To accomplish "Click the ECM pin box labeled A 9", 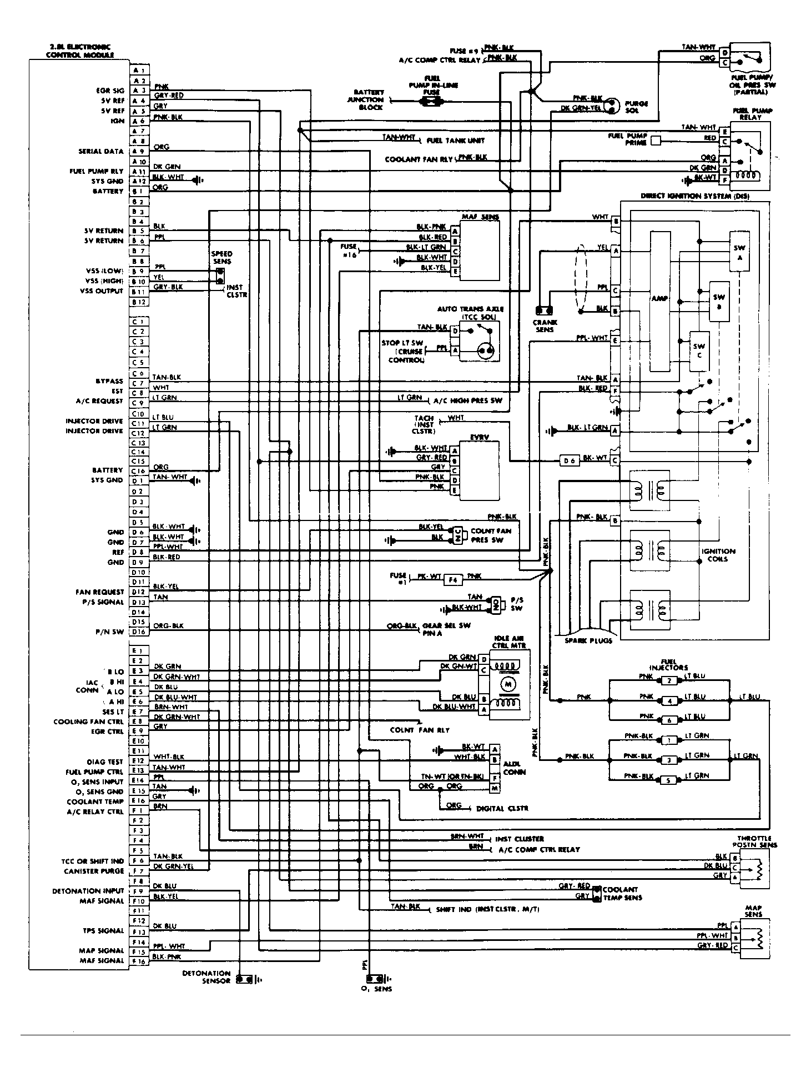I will [139, 152].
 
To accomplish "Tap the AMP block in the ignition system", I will [659, 299].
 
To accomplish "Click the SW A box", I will [739, 252].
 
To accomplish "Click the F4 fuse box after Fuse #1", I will [452, 580].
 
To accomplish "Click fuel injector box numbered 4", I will [670, 701].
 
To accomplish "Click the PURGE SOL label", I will [636, 107].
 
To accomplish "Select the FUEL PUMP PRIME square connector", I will [656, 141].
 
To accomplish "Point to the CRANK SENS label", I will [545, 326].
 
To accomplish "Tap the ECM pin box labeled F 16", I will [139, 961].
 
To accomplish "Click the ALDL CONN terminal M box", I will [495, 789].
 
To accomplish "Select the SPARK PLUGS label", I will [588, 640].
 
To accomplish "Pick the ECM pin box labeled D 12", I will [139, 592].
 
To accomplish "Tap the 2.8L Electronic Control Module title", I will [80, 51].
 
